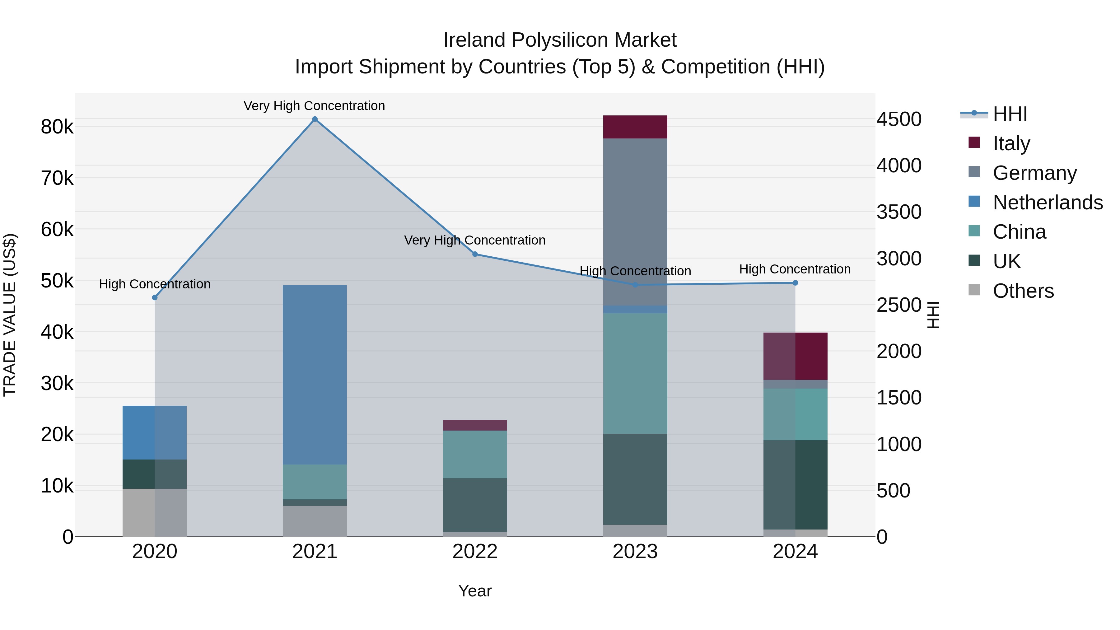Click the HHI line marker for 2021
[x=315, y=119]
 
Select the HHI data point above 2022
[x=475, y=254]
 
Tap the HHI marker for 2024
[x=795, y=282]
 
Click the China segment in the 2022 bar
[x=475, y=454]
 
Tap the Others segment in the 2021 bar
[x=315, y=520]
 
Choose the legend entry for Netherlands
[x=1048, y=203]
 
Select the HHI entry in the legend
[x=1010, y=114]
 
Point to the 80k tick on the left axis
[x=57, y=127]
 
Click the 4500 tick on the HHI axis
[x=899, y=119]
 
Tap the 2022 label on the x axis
[x=475, y=552]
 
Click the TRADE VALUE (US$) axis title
[x=10, y=315]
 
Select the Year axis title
[x=475, y=591]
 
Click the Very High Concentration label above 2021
[x=314, y=106]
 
